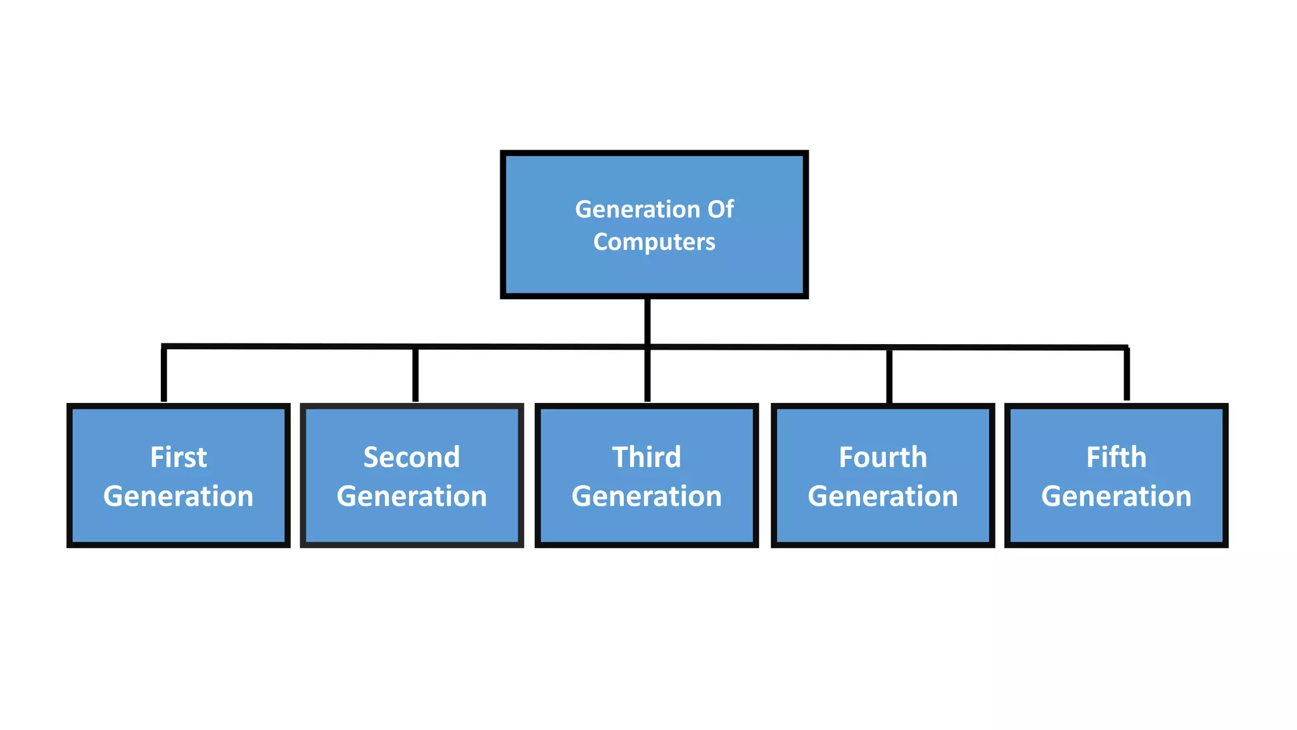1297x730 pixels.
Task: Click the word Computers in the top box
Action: [x=654, y=242]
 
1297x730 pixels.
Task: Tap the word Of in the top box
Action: [x=720, y=209]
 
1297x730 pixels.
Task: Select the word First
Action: [x=178, y=458]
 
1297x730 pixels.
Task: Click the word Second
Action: [x=412, y=458]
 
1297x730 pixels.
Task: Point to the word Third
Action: [x=647, y=458]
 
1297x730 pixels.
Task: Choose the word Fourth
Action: [x=883, y=458]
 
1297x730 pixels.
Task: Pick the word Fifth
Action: [x=1116, y=458]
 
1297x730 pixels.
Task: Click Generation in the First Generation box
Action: [x=178, y=496]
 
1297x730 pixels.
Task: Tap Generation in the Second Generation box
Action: [x=412, y=496]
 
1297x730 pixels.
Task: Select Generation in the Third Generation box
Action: [x=647, y=496]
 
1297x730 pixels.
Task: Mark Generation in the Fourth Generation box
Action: [x=883, y=496]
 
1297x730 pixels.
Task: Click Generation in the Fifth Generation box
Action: [x=1116, y=496]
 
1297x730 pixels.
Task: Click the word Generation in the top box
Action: [x=637, y=209]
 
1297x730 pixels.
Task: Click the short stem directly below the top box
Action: [x=647, y=321]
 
